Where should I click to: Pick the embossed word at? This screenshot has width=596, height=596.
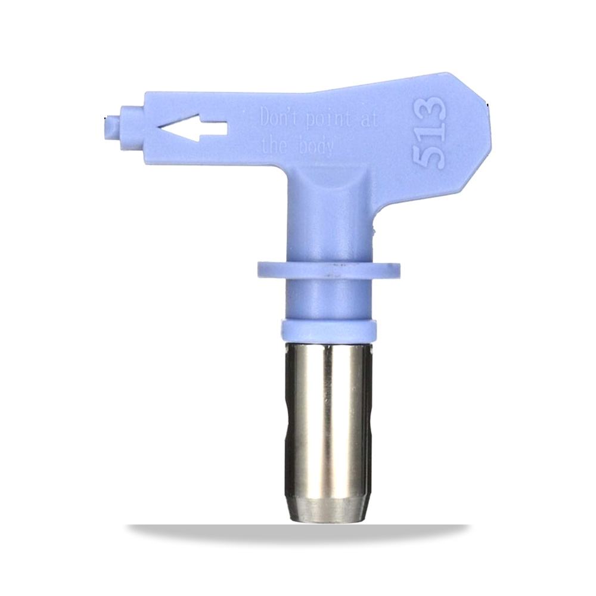[x=367, y=120]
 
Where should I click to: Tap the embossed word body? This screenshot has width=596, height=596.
[x=316, y=147]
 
